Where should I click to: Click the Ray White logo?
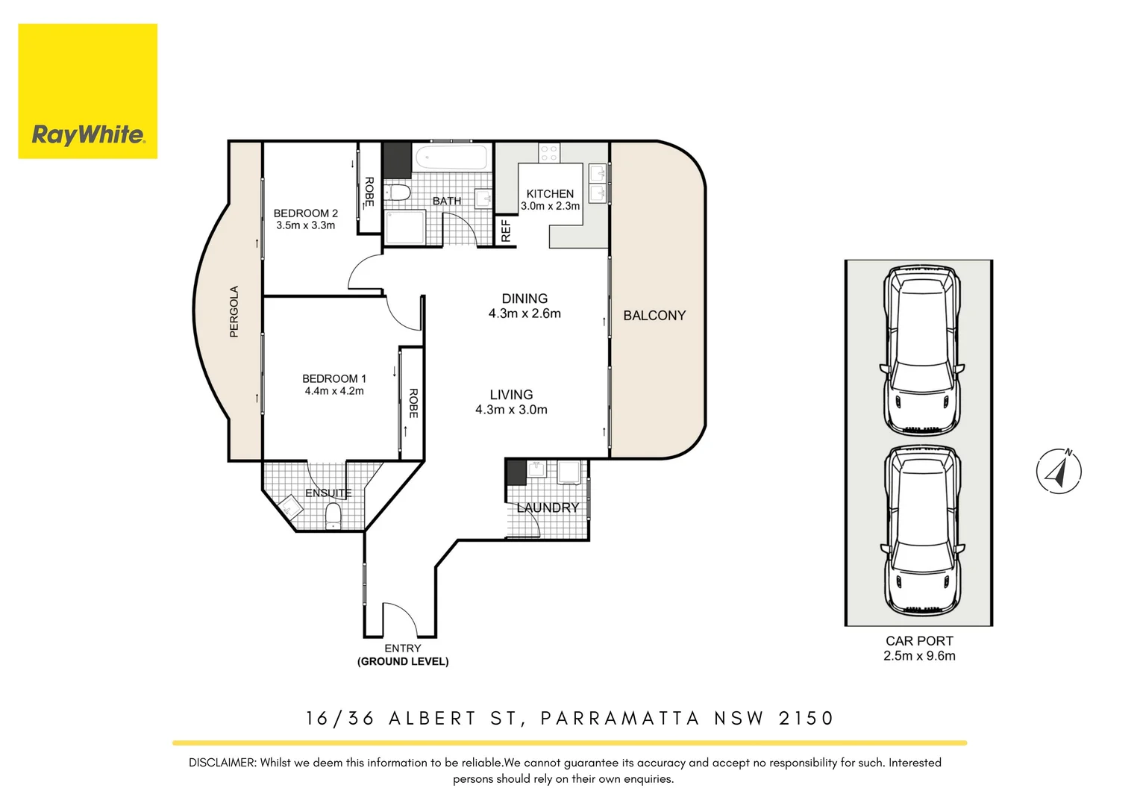coord(87,91)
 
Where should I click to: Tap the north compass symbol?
coord(1058,471)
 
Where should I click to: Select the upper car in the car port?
coord(921,350)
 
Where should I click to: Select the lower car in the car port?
coord(921,529)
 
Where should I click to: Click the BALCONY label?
coord(654,316)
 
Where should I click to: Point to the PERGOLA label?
coord(234,311)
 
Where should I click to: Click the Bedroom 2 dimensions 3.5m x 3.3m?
coord(305,225)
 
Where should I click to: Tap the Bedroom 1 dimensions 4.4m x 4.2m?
coord(333,391)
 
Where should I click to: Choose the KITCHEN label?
coord(550,193)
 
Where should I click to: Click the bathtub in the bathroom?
coord(451,158)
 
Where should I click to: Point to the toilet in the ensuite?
coord(333,515)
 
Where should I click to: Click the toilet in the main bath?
coord(398,193)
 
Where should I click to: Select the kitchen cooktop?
coord(549,153)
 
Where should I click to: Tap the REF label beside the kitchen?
coord(506,231)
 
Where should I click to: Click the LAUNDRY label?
coord(548,507)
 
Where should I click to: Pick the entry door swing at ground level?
coord(399,618)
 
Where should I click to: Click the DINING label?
coord(524,299)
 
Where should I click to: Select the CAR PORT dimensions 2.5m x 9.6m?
coord(918,656)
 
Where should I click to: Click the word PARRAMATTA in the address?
coord(619,718)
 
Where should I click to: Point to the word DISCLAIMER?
coord(222,763)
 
